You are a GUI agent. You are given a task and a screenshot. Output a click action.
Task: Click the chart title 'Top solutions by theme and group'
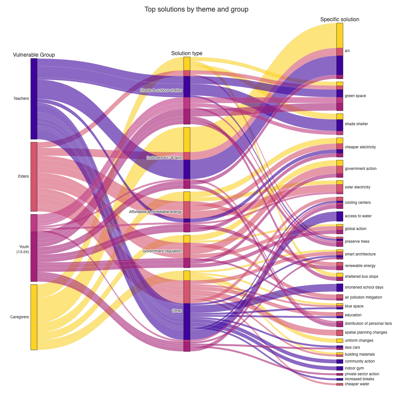click(x=196, y=9)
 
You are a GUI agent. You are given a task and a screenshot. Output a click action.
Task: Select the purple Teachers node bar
click(x=34, y=99)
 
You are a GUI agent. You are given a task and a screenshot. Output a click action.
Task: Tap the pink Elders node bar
click(x=34, y=176)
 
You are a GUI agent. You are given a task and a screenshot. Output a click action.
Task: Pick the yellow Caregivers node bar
click(x=34, y=317)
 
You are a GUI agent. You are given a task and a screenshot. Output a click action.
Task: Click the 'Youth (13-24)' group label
click(x=24, y=249)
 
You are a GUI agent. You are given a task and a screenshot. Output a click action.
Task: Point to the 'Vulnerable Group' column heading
click(x=34, y=55)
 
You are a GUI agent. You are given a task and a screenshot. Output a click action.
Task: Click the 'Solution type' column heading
click(x=187, y=53)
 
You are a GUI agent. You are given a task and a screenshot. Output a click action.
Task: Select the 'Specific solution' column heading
click(x=339, y=19)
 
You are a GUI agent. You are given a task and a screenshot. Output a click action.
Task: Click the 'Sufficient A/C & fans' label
click(x=164, y=158)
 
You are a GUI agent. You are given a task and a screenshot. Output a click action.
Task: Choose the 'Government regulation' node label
click(x=162, y=251)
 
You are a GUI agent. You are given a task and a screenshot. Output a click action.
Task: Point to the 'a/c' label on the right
click(x=347, y=50)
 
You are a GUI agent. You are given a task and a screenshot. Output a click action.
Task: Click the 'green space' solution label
click(x=355, y=96)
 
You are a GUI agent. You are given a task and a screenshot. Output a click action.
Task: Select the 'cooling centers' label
click(x=358, y=202)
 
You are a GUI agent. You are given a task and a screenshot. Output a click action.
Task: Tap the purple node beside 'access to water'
click(x=339, y=216)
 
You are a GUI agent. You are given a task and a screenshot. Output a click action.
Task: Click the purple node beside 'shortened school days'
click(x=339, y=287)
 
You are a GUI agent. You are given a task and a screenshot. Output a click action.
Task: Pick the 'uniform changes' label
click(x=359, y=341)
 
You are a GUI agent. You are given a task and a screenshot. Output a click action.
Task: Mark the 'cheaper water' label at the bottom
click(x=357, y=384)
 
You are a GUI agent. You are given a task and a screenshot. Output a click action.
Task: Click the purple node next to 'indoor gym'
click(x=339, y=368)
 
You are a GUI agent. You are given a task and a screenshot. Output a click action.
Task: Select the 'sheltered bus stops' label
click(x=361, y=276)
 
